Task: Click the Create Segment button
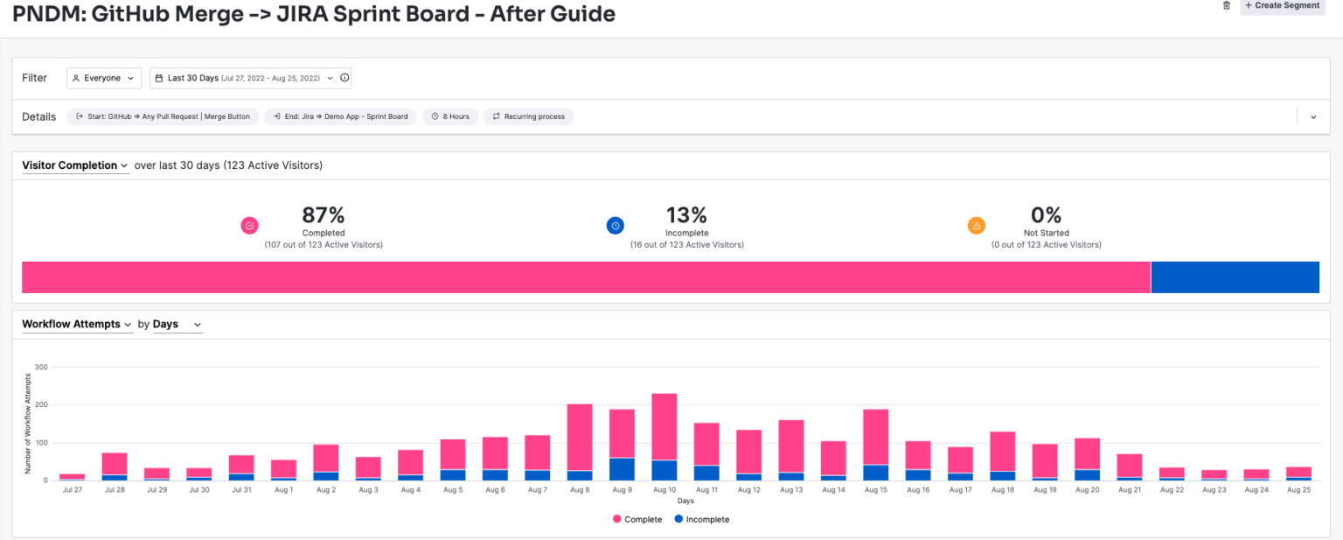coord(1282,6)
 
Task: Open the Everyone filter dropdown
coord(104,78)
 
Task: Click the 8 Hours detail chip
coord(450,116)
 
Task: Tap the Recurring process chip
coord(528,116)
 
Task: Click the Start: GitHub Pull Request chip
coord(163,116)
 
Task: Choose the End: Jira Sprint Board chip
coord(340,116)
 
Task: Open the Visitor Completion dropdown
coord(75,165)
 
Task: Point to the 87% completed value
coord(323,215)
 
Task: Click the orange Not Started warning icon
coord(976,226)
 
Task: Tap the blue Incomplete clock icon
coord(616,226)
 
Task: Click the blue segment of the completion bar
coord(1234,277)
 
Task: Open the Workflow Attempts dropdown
coord(77,325)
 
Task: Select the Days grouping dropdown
coord(177,325)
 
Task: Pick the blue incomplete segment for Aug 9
coord(622,469)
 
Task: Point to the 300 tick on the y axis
coord(41,367)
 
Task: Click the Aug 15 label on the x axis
coord(875,490)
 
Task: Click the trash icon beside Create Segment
coord(1226,6)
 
